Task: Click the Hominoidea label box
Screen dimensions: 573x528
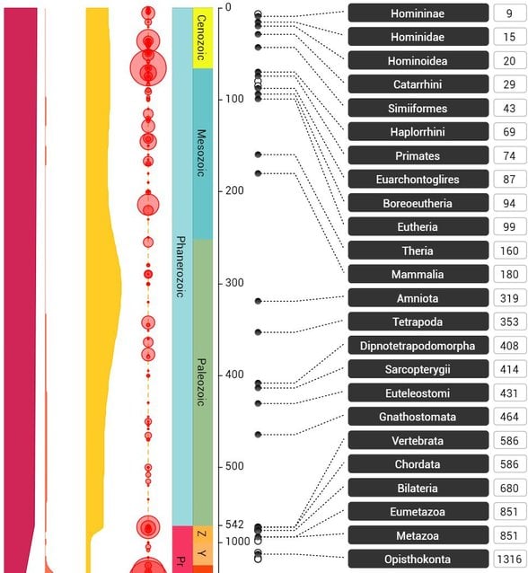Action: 416,61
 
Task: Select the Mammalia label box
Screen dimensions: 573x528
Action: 416,274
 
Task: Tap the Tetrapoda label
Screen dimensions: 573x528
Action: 416,322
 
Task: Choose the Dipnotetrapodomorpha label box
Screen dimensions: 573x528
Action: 416,346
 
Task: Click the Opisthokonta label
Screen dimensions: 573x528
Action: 416,559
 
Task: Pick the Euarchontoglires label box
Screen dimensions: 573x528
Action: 416,180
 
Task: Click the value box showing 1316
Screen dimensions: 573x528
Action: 509,559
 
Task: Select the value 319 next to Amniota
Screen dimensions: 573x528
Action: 509,298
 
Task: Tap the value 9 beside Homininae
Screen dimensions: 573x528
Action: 509,13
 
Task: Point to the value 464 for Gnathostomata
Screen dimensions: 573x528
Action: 509,417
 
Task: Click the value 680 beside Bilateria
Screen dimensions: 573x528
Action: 509,488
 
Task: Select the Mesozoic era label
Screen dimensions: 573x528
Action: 201,153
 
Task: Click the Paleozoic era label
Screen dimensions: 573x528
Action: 201,382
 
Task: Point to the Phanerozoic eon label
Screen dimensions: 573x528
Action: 180,267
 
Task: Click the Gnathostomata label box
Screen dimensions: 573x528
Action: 416,417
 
